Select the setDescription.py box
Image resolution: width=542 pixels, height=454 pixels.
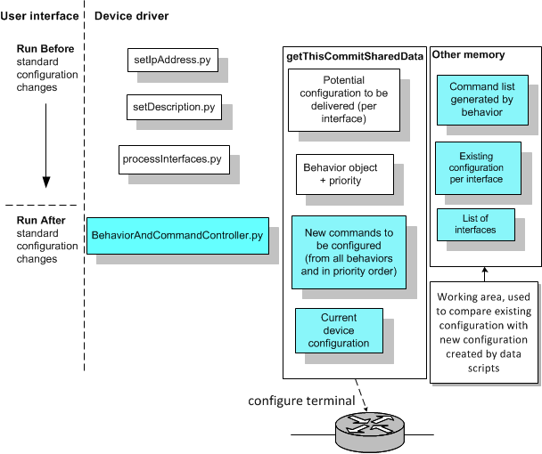pos(173,109)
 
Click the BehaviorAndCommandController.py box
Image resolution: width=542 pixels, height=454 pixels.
pos(177,235)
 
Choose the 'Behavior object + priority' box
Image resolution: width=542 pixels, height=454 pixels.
pos(340,174)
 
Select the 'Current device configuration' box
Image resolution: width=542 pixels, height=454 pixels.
pos(339,330)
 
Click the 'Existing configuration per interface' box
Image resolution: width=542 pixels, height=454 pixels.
pos(480,166)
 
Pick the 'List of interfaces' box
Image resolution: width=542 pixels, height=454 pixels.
pos(475,224)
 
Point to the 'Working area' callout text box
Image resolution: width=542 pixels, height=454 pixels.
pos(486,332)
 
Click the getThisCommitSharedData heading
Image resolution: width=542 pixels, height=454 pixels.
pos(354,57)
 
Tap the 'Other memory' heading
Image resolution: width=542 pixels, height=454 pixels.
pos(468,55)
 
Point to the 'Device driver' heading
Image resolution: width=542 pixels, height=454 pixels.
pos(131,16)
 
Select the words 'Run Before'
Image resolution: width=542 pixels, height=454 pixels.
pos(45,48)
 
